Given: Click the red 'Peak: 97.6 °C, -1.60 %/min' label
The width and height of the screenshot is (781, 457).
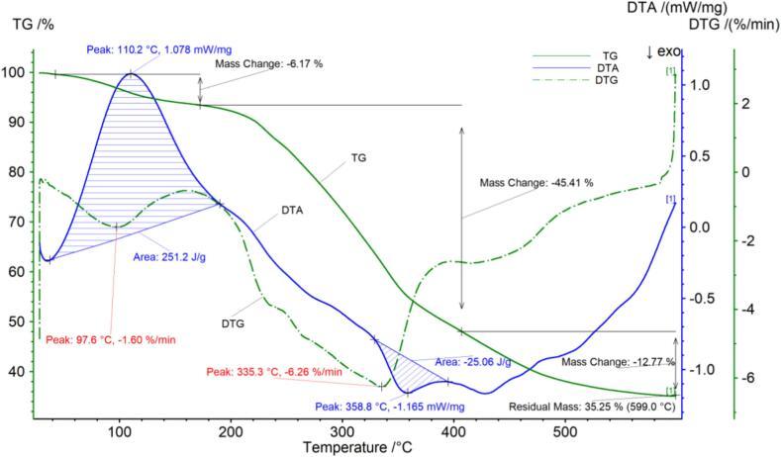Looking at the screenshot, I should click(111, 339).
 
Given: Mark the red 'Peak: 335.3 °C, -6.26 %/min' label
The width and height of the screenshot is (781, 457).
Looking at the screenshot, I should click(274, 372).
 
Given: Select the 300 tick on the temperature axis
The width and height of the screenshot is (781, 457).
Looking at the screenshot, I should click(342, 431).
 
